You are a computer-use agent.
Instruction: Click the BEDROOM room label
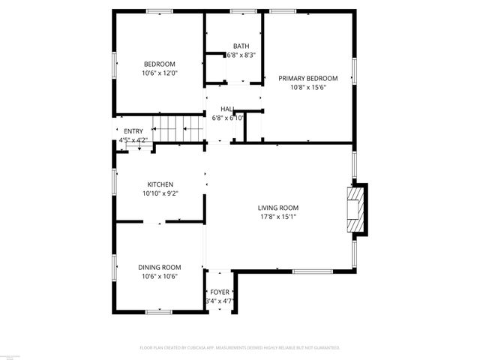(160, 64)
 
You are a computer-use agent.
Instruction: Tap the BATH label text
(241, 46)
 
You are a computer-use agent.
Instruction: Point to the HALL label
(227, 109)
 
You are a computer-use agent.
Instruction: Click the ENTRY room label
(133, 131)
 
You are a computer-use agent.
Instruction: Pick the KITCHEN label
(160, 184)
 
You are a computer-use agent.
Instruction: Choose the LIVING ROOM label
(278, 208)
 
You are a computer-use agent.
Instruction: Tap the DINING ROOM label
(160, 267)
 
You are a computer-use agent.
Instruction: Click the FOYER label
(220, 292)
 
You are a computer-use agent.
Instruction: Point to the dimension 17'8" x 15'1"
(278, 217)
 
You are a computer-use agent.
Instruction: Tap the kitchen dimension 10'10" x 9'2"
(160, 193)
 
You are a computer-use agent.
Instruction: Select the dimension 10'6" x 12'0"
(160, 73)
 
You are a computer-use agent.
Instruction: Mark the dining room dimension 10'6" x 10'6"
(160, 276)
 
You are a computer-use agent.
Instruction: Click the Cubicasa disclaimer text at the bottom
(240, 348)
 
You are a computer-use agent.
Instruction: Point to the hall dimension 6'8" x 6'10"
(227, 118)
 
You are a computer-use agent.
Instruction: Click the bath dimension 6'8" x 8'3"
(241, 55)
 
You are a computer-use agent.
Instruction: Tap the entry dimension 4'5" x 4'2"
(133, 140)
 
